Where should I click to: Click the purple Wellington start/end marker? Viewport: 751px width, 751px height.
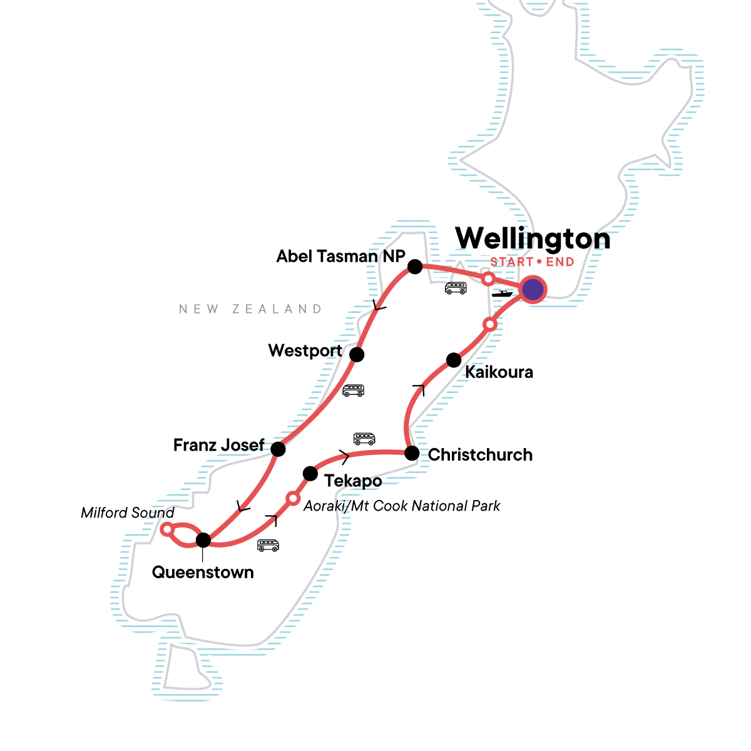pos(533,290)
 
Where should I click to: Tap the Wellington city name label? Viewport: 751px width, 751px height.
pos(533,238)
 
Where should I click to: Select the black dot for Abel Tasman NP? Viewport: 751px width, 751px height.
pos(414,267)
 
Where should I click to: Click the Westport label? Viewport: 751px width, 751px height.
pos(305,350)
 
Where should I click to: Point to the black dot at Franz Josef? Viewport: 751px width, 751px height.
pos(278,449)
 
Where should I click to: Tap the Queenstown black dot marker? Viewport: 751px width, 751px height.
pos(203,539)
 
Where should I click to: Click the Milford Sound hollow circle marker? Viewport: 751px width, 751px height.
pos(166,529)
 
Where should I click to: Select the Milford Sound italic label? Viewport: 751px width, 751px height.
pos(128,513)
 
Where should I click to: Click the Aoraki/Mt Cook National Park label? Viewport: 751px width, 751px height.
pos(401,506)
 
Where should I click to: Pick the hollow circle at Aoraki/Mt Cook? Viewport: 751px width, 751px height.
pos(292,498)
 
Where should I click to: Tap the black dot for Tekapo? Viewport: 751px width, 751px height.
pos(310,473)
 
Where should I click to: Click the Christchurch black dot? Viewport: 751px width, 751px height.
pos(411,453)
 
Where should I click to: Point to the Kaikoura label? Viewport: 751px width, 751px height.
pos(499,372)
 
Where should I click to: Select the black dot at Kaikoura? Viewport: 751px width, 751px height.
pos(454,360)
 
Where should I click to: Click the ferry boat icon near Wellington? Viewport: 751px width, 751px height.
pos(502,293)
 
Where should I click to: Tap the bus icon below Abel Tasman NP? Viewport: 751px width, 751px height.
pos(456,288)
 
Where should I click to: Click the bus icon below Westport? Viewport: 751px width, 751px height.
pos(353,391)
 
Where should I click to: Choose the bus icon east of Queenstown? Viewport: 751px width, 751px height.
pos(268,546)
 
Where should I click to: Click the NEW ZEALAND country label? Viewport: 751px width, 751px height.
pos(250,309)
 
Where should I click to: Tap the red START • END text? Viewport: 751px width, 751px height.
pos(532,262)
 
